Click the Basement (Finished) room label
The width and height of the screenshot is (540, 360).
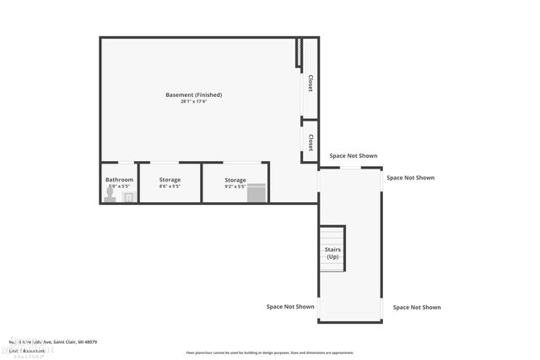pos(193,94)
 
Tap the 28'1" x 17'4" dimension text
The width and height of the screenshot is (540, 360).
pos(193,102)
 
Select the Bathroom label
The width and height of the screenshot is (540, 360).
pos(119,180)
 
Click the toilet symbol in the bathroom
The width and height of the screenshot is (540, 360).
pos(110,195)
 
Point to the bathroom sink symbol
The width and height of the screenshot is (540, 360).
pos(128,197)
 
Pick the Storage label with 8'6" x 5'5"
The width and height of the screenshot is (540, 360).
pos(170,180)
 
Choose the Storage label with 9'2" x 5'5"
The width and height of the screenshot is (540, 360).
pos(235,180)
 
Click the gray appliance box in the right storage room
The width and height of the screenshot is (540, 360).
pos(256,193)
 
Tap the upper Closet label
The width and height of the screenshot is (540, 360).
pos(310,83)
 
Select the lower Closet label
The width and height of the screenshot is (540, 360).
pos(310,142)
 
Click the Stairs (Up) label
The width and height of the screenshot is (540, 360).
pos(332,253)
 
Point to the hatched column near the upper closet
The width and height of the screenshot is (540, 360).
pos(298,53)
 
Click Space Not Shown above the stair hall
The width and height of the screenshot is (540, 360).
pos(353,156)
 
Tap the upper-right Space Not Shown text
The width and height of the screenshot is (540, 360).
pos(410,178)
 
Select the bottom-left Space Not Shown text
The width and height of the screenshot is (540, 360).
pos(290,307)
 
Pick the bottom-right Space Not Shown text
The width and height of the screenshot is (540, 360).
pos(416,308)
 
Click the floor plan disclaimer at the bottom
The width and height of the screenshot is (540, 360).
pos(269,352)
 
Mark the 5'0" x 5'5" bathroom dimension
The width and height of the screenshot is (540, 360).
pos(119,186)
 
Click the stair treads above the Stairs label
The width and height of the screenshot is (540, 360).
pos(332,234)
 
